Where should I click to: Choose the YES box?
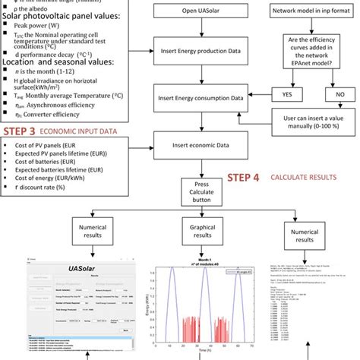[286, 96]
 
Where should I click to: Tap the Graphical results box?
[201, 231]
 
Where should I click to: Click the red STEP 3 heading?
[25, 131]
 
